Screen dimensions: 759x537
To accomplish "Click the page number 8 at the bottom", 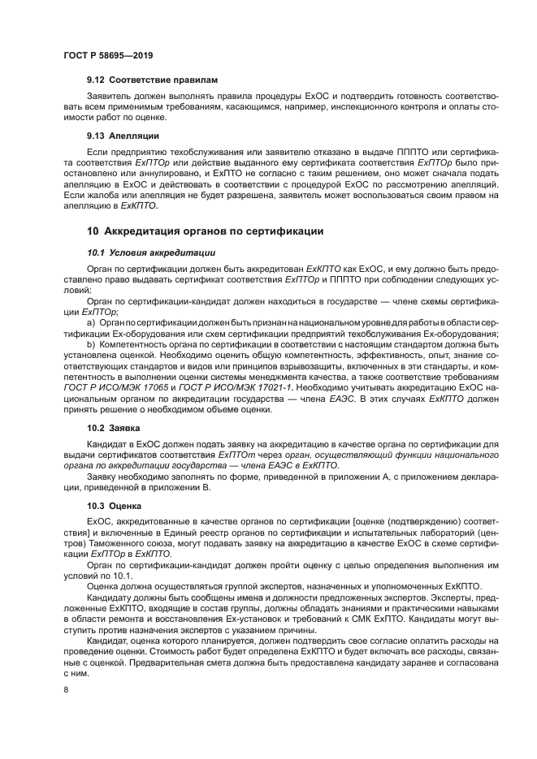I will coord(66,689).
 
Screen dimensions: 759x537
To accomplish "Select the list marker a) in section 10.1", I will coord(92,323).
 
